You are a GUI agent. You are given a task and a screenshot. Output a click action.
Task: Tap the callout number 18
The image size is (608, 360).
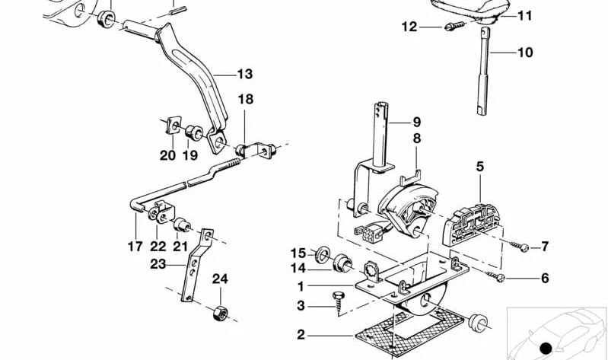click(244, 100)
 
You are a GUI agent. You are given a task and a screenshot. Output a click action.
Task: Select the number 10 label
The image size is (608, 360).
click(525, 53)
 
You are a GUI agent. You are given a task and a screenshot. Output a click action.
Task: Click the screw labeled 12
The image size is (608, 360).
click(451, 27)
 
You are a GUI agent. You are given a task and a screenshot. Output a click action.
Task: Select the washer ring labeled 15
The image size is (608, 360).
click(323, 252)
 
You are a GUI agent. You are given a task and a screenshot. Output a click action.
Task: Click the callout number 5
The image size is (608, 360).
click(480, 165)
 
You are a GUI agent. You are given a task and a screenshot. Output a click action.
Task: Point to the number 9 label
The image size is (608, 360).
click(416, 121)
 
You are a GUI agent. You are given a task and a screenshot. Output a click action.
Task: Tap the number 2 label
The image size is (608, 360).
click(301, 333)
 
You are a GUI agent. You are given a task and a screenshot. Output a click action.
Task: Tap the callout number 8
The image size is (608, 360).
click(416, 139)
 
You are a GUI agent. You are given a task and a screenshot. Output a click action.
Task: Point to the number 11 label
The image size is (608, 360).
click(526, 15)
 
